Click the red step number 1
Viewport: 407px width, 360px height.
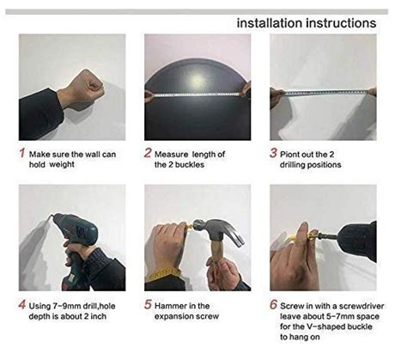[21, 155]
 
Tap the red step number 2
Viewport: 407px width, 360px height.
[148, 155]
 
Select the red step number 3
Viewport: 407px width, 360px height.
[275, 155]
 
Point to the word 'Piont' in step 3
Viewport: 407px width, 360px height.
[296, 155]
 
